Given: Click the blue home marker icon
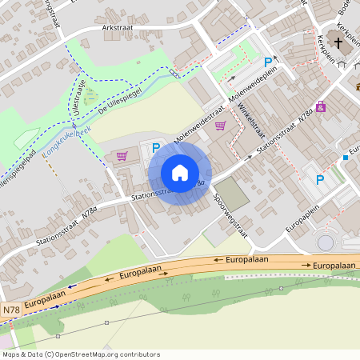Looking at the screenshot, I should point(180,173).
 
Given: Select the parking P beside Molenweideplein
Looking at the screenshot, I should point(268,62).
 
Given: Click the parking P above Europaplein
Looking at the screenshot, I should point(320,180).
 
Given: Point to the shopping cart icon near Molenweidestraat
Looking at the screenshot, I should point(220,125).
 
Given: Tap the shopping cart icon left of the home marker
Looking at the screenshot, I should point(122,156).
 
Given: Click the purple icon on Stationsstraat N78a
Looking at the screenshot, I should point(321,106).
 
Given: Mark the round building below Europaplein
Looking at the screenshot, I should point(326,242).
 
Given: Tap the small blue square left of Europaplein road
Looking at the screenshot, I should point(345,157).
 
